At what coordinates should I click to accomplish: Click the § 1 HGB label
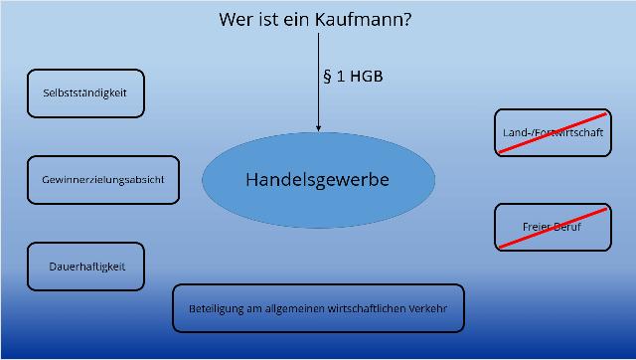354,77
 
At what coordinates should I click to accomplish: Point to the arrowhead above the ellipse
319,126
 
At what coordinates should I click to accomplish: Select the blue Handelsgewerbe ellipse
318,180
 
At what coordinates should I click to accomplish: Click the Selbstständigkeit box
85,93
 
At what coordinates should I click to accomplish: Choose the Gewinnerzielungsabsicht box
103,180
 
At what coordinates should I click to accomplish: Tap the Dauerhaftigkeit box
85,267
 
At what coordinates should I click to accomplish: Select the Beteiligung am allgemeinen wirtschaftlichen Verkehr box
318,308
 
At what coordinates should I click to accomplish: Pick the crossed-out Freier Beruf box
552,228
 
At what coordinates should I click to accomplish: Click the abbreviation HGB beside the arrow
369,77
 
